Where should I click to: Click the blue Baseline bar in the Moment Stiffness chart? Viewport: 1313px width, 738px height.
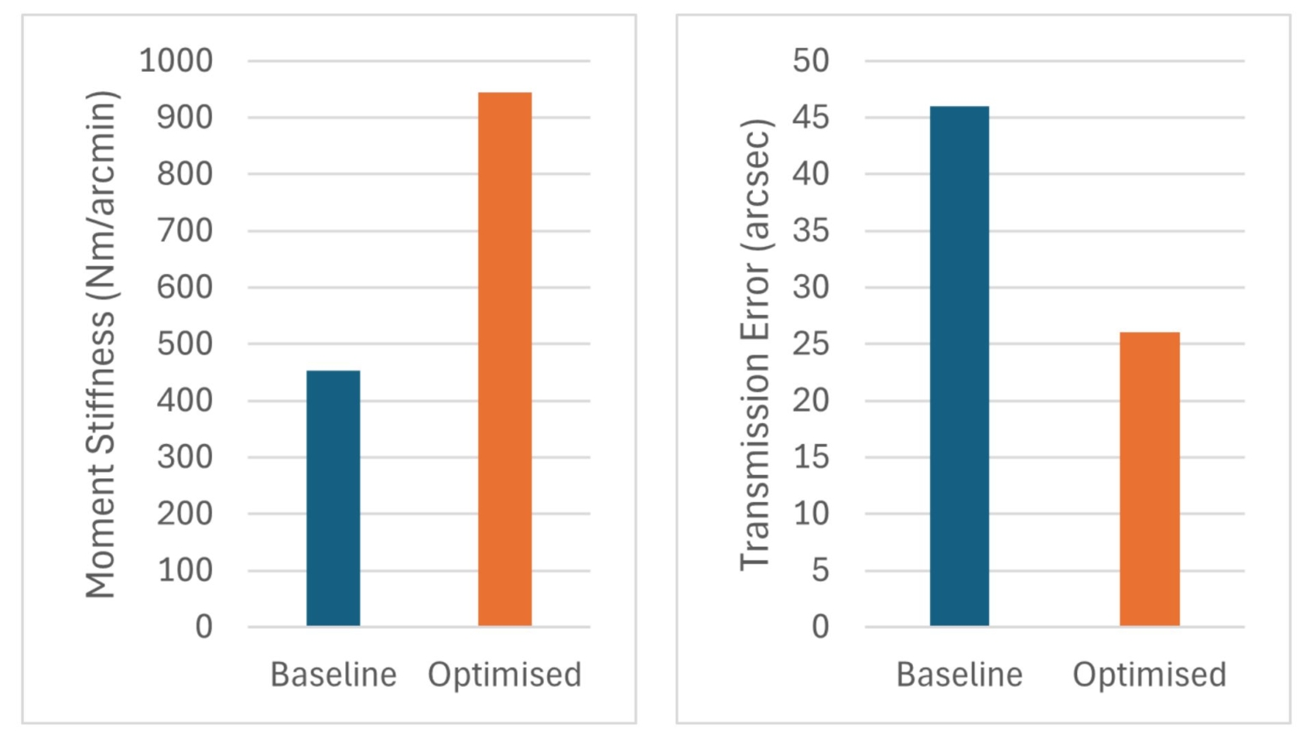(333, 498)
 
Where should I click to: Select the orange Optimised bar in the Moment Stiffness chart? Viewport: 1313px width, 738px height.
(504, 359)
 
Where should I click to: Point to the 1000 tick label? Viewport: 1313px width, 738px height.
(176, 61)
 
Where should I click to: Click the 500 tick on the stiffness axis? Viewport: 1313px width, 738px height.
(185, 344)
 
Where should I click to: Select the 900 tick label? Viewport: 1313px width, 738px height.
(185, 117)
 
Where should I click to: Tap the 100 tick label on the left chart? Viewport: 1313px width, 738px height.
(185, 570)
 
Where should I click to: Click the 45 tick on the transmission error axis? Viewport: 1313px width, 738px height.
(810, 117)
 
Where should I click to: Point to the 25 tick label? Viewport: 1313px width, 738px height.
(810, 344)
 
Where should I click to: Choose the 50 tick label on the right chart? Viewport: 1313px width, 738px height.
(810, 61)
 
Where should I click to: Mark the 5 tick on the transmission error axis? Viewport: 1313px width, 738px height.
(820, 570)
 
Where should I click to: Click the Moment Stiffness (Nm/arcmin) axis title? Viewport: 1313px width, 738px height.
(101, 344)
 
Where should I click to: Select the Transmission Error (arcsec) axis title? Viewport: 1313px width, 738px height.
(756, 344)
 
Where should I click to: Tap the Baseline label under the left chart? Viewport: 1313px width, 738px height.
(333, 675)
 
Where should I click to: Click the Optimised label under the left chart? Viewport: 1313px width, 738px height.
(504, 675)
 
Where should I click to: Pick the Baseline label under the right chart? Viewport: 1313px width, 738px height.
(959, 675)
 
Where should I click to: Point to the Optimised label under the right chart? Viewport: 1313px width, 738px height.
(1149, 675)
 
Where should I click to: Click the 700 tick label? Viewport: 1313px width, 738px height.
(185, 231)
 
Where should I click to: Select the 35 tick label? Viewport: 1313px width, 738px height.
(810, 231)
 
